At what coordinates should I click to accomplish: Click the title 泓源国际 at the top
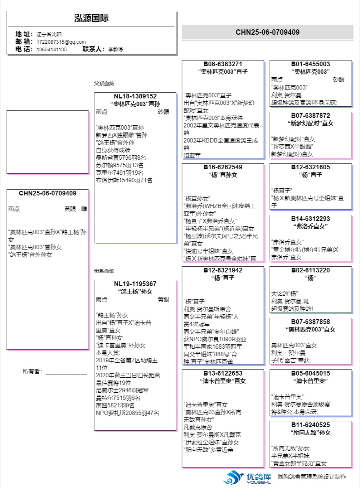point(91,19)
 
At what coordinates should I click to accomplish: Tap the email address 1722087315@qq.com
point(61,42)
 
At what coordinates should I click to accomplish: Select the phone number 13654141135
point(52,49)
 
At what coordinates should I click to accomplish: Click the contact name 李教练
point(116,49)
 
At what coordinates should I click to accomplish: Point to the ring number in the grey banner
point(267,32)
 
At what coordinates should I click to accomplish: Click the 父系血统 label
point(104,83)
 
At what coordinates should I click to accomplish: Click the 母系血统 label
point(104,271)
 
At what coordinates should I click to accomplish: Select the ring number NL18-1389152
point(135,96)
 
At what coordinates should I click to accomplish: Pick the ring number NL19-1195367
point(135,284)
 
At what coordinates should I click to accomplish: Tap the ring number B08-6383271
point(223,64)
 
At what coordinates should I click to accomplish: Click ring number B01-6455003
point(310,64)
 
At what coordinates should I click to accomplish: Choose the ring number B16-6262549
point(223,167)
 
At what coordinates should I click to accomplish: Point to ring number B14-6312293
point(310,219)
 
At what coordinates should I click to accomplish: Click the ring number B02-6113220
point(310,270)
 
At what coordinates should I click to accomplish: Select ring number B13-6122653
point(223,373)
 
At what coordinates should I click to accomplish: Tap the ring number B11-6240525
point(310,425)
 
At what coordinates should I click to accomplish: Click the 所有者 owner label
point(32,372)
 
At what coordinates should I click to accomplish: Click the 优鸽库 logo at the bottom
point(247,477)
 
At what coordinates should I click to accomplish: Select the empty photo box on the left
point(47,142)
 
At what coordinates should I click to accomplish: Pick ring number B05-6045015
point(310,373)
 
